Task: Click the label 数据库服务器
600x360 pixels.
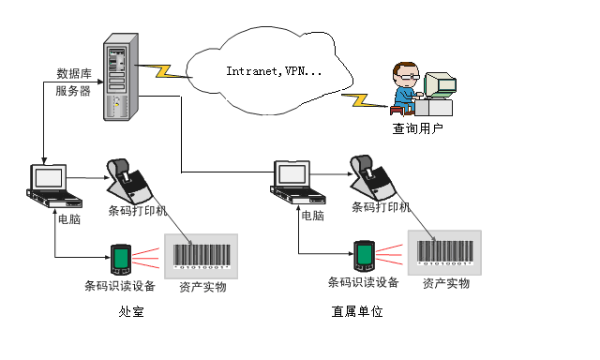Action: click(74, 82)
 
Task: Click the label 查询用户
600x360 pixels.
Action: click(417, 128)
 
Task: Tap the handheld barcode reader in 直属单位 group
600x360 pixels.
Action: click(364, 255)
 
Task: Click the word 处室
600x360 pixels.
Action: click(131, 312)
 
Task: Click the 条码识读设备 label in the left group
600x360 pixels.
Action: click(119, 286)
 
